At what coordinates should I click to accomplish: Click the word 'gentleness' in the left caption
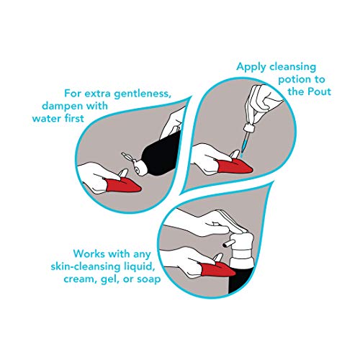click(x=143, y=94)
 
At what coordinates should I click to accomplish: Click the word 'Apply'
click(x=251, y=67)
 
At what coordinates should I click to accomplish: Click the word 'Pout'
click(x=320, y=91)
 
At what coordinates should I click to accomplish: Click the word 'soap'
click(x=149, y=279)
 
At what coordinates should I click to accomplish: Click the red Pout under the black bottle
click(x=123, y=185)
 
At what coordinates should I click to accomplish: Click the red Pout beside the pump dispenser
click(x=217, y=269)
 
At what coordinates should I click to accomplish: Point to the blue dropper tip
click(x=244, y=147)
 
